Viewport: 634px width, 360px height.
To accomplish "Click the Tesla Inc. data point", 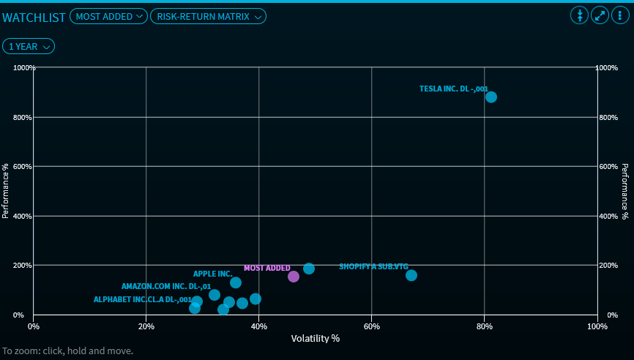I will [491, 97].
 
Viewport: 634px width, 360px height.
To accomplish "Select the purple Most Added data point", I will [294, 277].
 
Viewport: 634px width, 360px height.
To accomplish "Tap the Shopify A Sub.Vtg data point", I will [411, 275].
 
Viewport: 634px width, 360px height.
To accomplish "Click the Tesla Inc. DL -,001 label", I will [453, 89].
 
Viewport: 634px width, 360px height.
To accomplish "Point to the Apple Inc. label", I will [212, 274].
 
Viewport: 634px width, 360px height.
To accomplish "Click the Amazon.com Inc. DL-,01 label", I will [166, 286].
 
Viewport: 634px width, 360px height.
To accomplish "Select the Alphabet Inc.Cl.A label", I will [142, 299].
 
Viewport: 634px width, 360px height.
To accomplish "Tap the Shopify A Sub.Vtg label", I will [373, 266].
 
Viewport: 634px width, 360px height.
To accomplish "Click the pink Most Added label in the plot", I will [266, 268].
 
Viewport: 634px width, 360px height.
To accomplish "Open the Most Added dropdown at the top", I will [108, 16].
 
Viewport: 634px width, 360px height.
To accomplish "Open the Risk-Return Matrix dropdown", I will [208, 16].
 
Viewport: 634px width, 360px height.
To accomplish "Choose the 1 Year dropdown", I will [29, 46].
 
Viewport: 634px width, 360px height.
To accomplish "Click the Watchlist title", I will [34, 17].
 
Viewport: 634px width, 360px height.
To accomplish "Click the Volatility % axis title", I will [316, 338].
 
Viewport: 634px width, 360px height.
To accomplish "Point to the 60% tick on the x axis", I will [372, 326].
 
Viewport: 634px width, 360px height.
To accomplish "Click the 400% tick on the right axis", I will [608, 216].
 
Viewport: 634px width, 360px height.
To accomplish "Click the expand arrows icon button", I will [600, 15].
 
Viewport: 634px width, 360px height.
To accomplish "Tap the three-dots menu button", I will [621, 15].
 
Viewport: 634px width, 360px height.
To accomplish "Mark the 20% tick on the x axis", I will [146, 326].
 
